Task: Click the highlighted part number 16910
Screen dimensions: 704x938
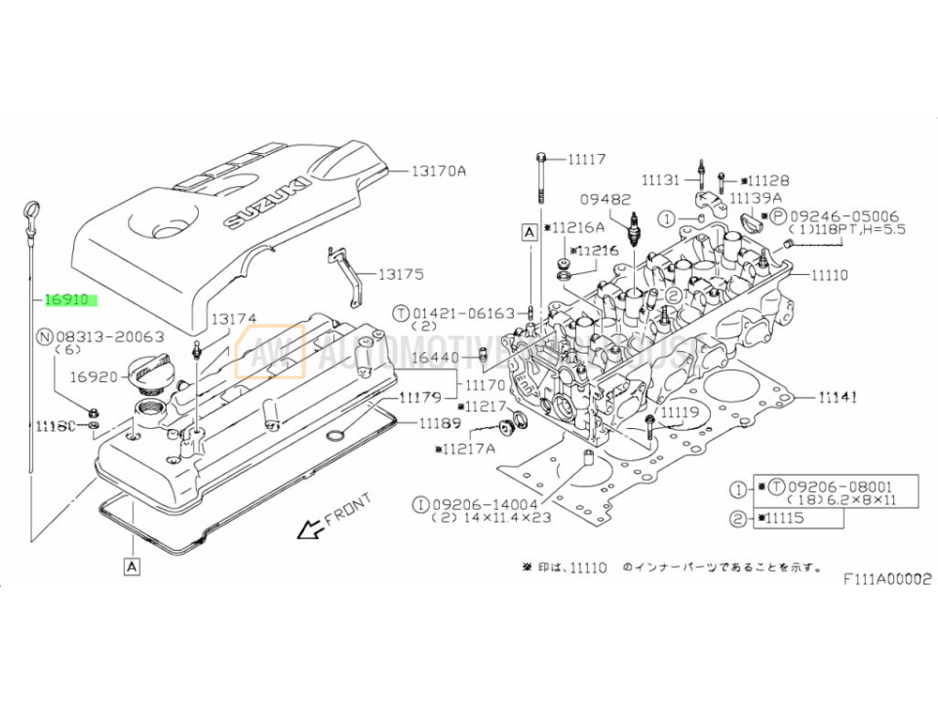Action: tap(68, 300)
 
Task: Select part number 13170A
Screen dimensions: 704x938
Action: tap(438, 171)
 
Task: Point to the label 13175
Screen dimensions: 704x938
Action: tap(401, 275)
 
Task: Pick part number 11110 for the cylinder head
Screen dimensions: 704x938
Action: tap(829, 275)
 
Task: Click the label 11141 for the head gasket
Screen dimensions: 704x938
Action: tap(837, 397)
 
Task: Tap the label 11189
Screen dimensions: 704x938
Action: tap(441, 422)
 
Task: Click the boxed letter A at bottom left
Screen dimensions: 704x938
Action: tap(130, 565)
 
